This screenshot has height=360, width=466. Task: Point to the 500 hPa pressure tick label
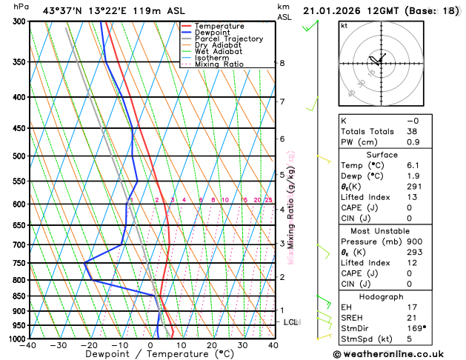[x=16, y=156]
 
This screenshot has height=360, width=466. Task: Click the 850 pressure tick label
[x=16, y=296]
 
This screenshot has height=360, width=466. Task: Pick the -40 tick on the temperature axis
[x=29, y=345]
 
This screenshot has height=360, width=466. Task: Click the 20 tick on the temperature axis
[x=212, y=345]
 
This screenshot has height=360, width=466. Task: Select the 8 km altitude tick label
[x=282, y=63]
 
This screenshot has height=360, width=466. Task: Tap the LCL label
[x=291, y=322]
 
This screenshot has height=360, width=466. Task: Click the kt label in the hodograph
[x=344, y=26]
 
